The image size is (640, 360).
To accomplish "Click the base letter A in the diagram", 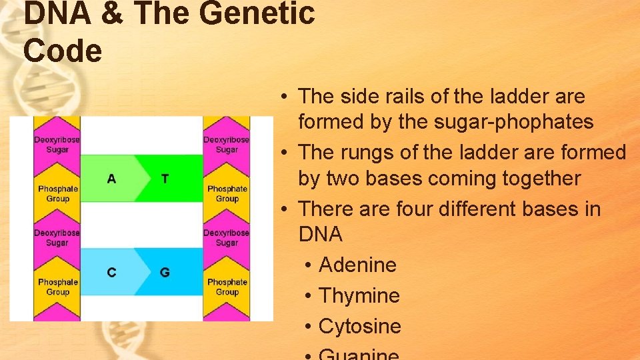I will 111,179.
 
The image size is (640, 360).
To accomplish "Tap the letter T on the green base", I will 165,179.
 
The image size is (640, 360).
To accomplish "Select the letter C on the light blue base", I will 111,272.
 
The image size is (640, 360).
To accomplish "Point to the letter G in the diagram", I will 165,272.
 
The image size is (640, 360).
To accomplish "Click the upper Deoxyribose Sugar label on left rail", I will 57,145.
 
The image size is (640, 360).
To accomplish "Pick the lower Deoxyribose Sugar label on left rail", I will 57,238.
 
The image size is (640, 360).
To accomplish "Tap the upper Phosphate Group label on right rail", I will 227,193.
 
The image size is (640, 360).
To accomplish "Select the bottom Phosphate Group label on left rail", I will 57,287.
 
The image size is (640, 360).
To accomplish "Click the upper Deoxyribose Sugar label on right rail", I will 227,145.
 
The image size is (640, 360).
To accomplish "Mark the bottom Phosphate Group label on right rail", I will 227,287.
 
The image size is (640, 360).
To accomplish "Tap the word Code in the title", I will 63,51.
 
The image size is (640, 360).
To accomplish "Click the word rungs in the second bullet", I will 367,153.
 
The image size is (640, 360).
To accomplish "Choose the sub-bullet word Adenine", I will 357,265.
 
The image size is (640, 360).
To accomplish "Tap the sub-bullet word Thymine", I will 359,296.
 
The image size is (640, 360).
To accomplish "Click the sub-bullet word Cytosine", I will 360,327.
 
